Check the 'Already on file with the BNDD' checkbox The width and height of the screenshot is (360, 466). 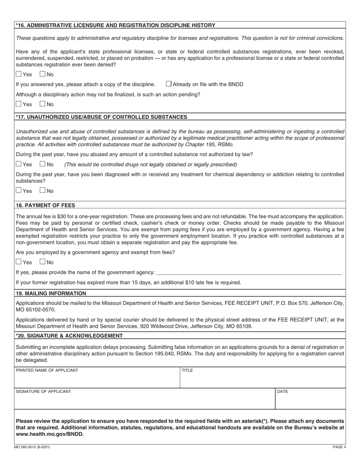pyautogui.click(x=169, y=84)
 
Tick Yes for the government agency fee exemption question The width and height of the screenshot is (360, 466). pyautogui.click(x=19, y=262)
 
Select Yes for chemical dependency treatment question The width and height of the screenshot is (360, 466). pyautogui.click(x=19, y=191)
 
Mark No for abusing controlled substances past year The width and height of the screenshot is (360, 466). pyautogui.click(x=43, y=164)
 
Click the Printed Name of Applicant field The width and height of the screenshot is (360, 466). pyautogui.click(x=97, y=380)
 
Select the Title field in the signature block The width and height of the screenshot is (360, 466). pyautogui.click(x=263, y=380)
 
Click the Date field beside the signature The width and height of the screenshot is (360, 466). pyautogui.click(x=310, y=401)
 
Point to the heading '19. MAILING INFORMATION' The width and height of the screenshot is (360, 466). pyautogui.click(x=51, y=293)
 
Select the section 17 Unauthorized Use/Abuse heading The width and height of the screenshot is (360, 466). pyautogui.click(x=102, y=117)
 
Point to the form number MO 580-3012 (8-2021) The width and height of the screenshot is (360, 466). pyautogui.click(x=33, y=447)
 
